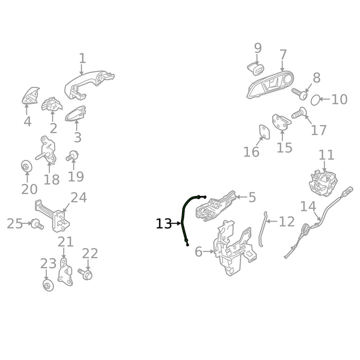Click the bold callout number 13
[164, 224]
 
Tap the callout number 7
[283, 55]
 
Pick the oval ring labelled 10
[315, 100]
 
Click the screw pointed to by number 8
[300, 94]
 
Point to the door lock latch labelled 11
[323, 183]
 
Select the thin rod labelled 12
[263, 229]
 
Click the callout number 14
[308, 206]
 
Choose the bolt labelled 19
[72, 156]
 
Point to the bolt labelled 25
[37, 224]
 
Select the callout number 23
[48, 263]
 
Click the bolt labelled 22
[85, 273]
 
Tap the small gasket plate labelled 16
[264, 132]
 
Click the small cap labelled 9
[256, 69]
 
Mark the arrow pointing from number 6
[208, 251]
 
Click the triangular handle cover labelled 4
[30, 96]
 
